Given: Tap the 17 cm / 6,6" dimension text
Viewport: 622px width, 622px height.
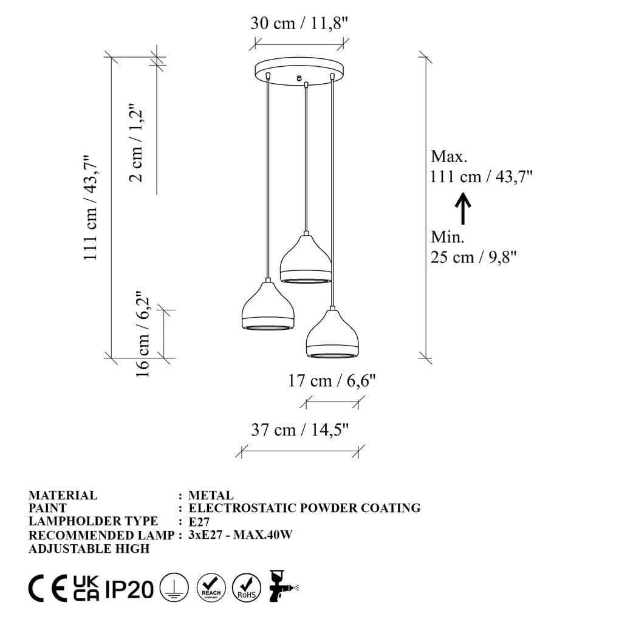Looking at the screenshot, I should tap(332, 381).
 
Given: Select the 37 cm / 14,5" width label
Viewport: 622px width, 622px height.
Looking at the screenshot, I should tap(300, 430).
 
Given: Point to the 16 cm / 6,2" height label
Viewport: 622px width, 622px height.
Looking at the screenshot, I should tap(143, 334).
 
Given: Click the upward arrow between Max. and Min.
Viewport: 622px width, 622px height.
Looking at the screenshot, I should tap(463, 209).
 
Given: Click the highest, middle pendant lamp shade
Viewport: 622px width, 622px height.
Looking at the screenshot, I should tap(306, 260).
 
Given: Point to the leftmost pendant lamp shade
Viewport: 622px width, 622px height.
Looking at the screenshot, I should tap(268, 308).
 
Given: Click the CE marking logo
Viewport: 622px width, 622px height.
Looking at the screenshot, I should tap(47, 589).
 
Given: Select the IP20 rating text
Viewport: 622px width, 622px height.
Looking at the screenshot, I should tap(129, 589).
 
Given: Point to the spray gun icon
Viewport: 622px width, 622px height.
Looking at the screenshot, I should tap(282, 586).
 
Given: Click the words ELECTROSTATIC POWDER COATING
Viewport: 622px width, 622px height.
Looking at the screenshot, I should tap(304, 508).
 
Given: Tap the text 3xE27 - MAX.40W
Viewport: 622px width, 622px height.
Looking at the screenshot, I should tap(241, 535).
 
